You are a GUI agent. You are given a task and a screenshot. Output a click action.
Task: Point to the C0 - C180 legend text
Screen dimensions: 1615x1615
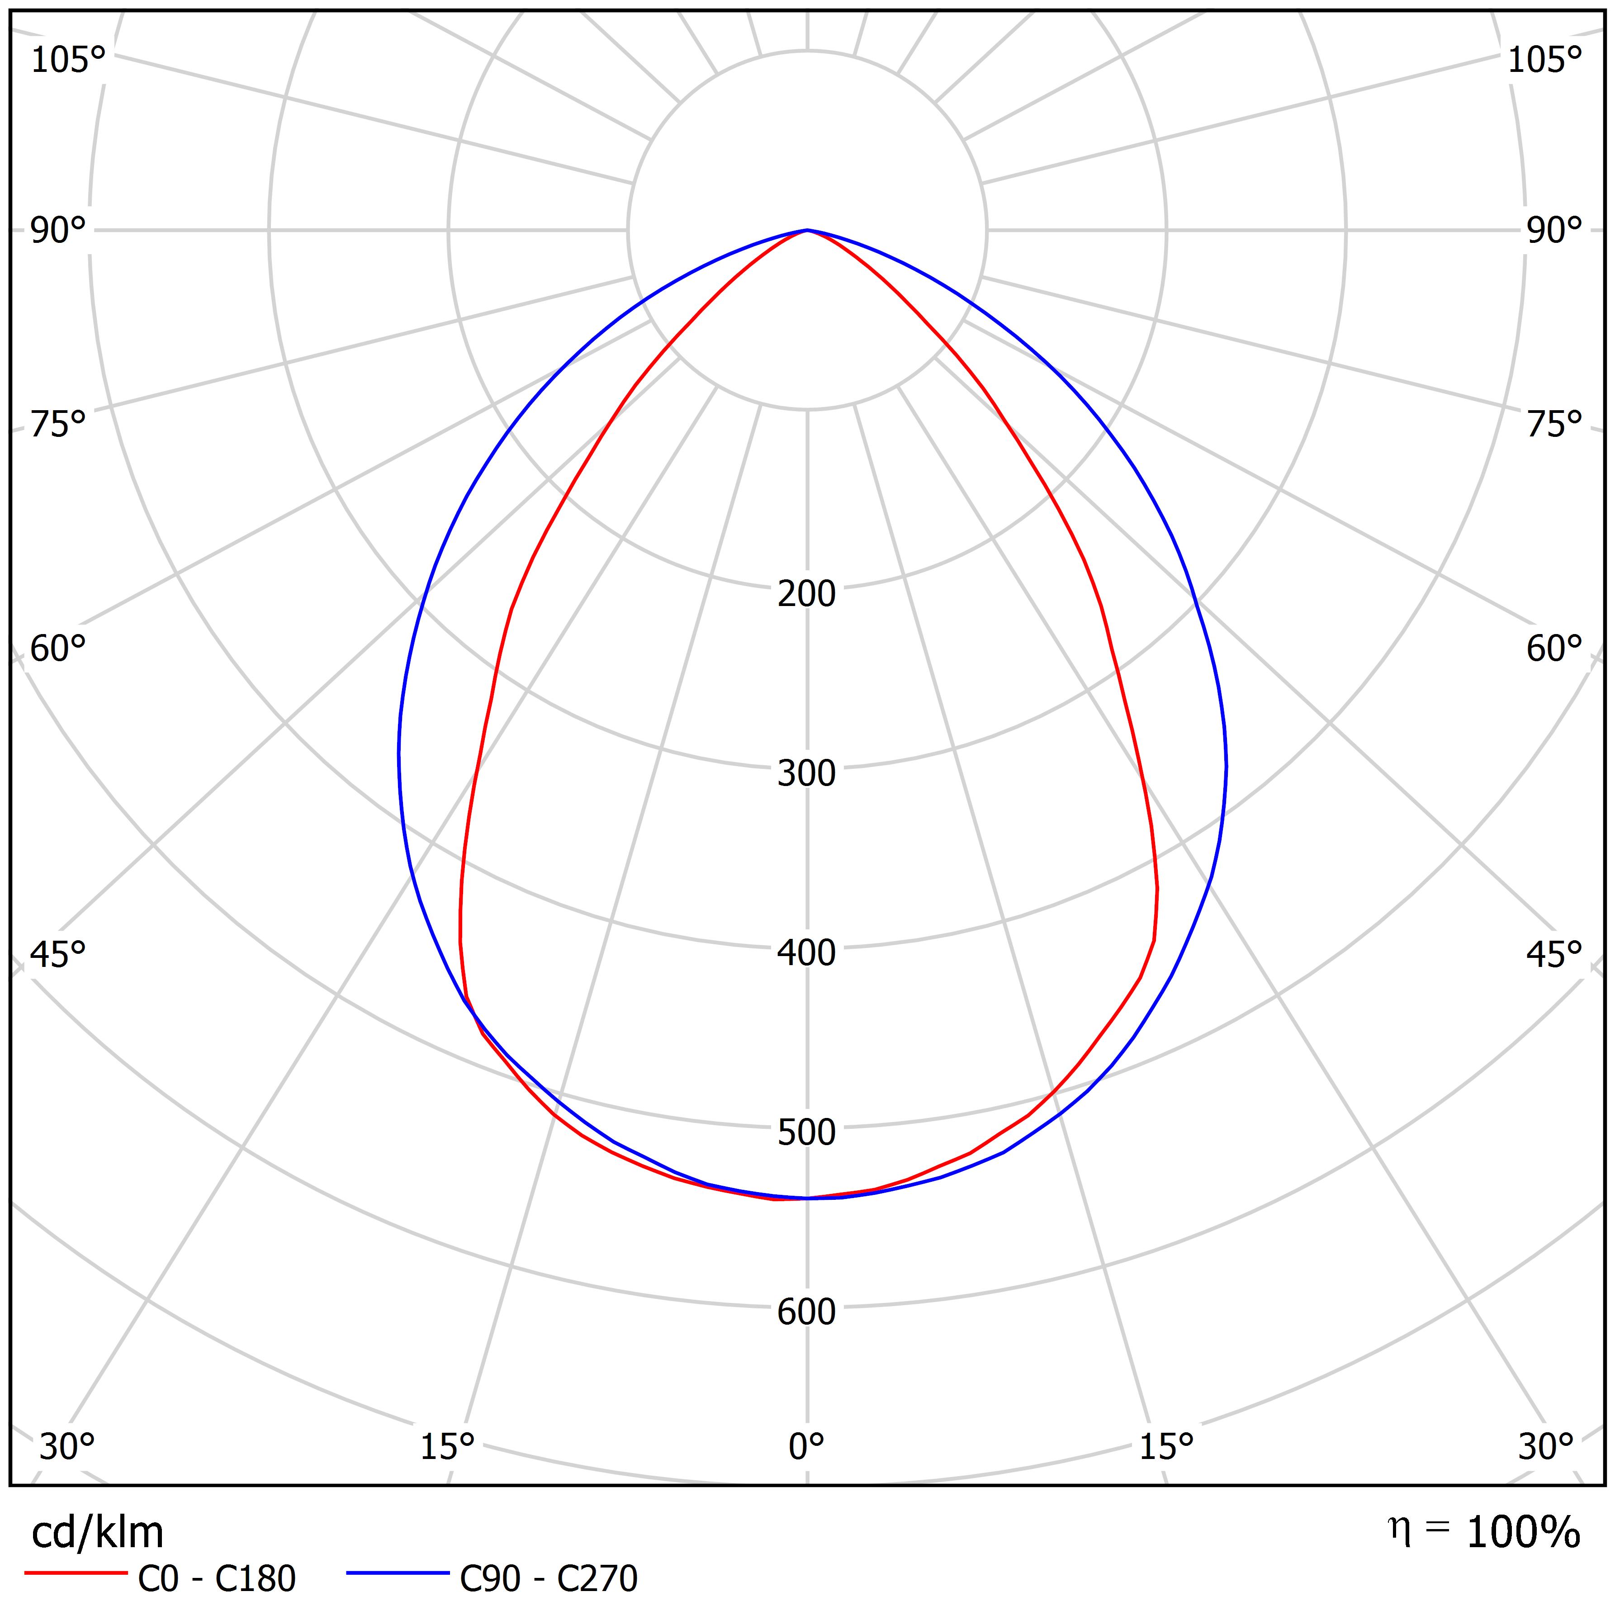tap(217, 1579)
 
